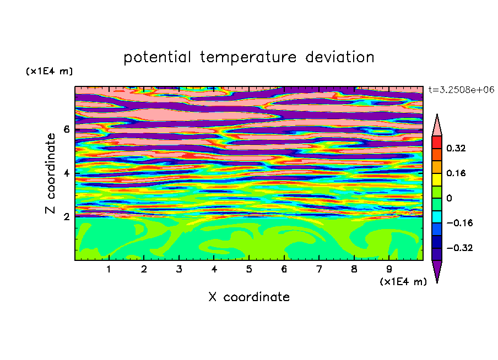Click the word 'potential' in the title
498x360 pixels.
[x=157, y=57]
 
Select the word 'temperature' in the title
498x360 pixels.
[x=248, y=57]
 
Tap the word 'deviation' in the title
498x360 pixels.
[x=340, y=57]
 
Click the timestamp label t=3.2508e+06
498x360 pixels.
[x=461, y=90]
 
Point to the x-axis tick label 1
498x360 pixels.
[x=109, y=269]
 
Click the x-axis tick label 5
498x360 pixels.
[x=249, y=269]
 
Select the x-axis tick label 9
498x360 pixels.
[x=389, y=269]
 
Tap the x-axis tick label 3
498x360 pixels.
[x=179, y=269]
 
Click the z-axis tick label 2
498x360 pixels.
[x=66, y=217]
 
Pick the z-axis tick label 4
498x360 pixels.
[x=66, y=173]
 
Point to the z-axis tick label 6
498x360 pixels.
[x=66, y=129]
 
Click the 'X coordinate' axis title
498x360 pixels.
[x=249, y=297]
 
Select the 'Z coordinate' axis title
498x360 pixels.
[x=51, y=173]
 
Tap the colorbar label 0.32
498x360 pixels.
[x=456, y=148]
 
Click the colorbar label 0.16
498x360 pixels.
[x=456, y=173]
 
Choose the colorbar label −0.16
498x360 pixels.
[x=459, y=223]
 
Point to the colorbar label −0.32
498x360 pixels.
[x=459, y=248]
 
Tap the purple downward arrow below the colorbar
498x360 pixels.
[x=437, y=270]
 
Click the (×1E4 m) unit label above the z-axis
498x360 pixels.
[x=49, y=72]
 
